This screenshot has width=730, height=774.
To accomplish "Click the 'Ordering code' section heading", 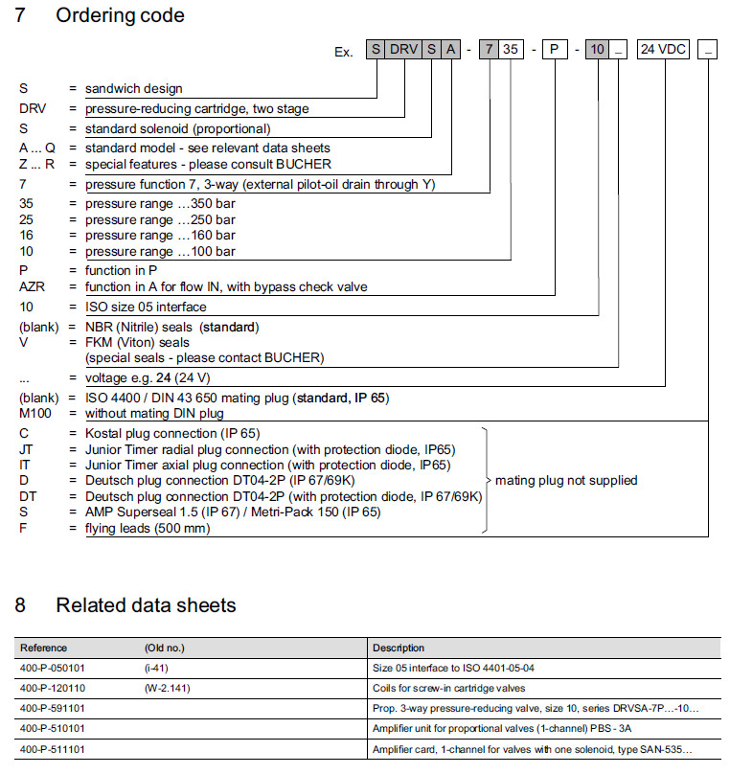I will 120,15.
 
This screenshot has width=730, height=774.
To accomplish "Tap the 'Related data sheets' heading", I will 146,604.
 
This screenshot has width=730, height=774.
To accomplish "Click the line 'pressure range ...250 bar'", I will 160,219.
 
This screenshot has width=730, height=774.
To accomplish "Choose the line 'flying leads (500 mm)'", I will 148,528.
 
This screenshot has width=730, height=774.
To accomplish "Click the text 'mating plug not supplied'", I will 566,480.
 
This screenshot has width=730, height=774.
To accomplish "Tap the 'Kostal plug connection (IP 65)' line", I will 172,434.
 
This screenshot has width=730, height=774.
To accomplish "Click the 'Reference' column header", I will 44,649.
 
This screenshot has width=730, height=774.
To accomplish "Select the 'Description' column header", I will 399,649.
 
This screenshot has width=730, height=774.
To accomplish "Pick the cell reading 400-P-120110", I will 52,688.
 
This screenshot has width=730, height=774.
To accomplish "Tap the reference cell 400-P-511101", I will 52,748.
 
